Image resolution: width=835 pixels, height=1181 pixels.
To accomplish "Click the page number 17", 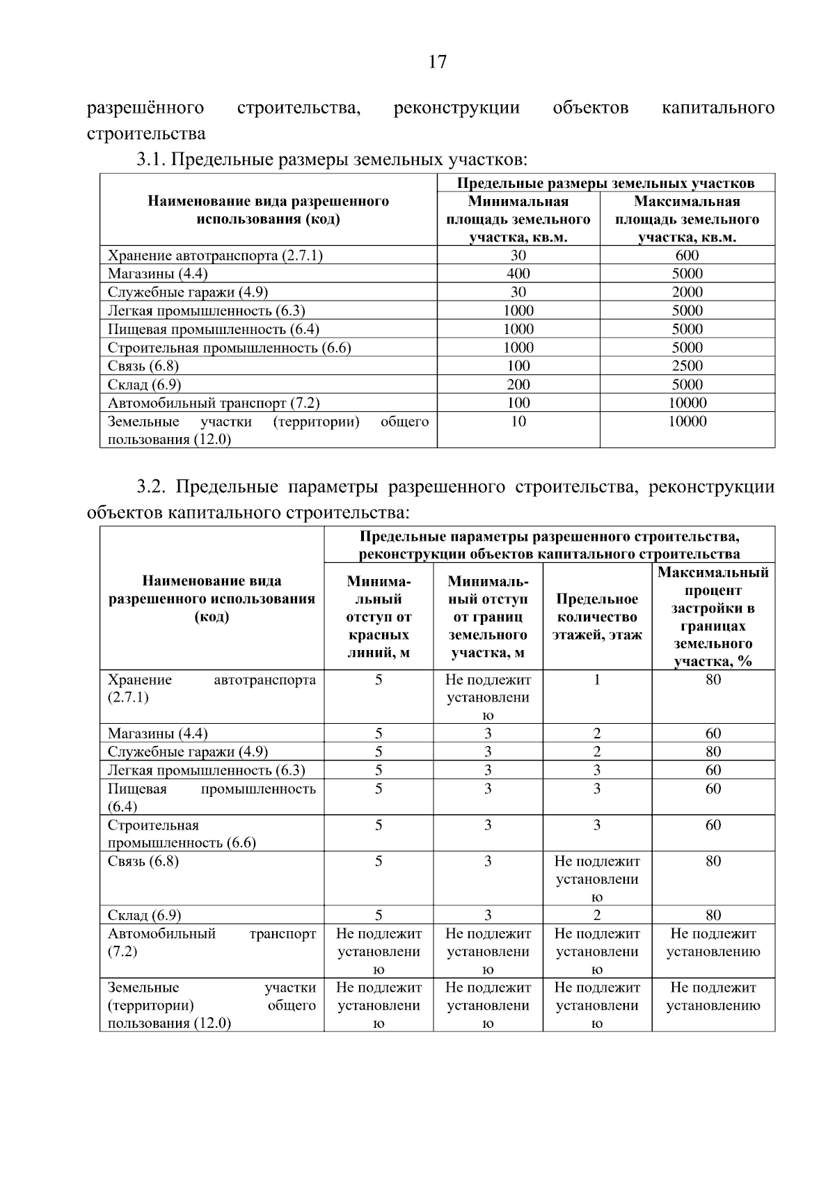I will [437, 63].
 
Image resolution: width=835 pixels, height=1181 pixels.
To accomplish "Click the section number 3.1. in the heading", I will [150, 160].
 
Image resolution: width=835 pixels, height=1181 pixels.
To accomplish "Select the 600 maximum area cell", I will [687, 255].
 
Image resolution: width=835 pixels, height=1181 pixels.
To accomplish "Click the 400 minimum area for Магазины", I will [518, 274].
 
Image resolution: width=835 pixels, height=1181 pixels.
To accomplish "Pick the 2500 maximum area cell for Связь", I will [687, 366].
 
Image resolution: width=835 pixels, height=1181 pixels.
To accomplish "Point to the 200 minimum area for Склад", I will [518, 384].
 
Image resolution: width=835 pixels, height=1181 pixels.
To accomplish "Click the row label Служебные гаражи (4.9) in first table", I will [187, 292].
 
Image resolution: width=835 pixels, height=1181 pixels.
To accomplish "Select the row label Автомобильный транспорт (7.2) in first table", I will [213, 403].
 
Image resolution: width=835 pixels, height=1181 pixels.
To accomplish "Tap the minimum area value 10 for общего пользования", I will [518, 421].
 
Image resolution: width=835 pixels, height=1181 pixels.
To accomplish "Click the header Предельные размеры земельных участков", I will [605, 184].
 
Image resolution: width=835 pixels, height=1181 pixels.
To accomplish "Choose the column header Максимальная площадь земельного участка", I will [687, 219].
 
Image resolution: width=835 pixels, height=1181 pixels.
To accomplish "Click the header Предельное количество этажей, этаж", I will [597, 617].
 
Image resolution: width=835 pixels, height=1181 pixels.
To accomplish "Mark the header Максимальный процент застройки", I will [713, 617].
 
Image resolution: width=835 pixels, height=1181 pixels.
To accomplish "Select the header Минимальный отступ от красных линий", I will [379, 617].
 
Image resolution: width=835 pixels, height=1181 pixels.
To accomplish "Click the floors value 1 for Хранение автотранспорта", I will [597, 680].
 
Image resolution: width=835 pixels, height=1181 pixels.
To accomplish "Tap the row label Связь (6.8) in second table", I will [143, 862].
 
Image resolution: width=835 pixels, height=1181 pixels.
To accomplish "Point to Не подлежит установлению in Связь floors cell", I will [597, 879].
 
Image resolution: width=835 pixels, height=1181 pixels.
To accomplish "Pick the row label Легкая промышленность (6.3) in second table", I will [206, 770].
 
